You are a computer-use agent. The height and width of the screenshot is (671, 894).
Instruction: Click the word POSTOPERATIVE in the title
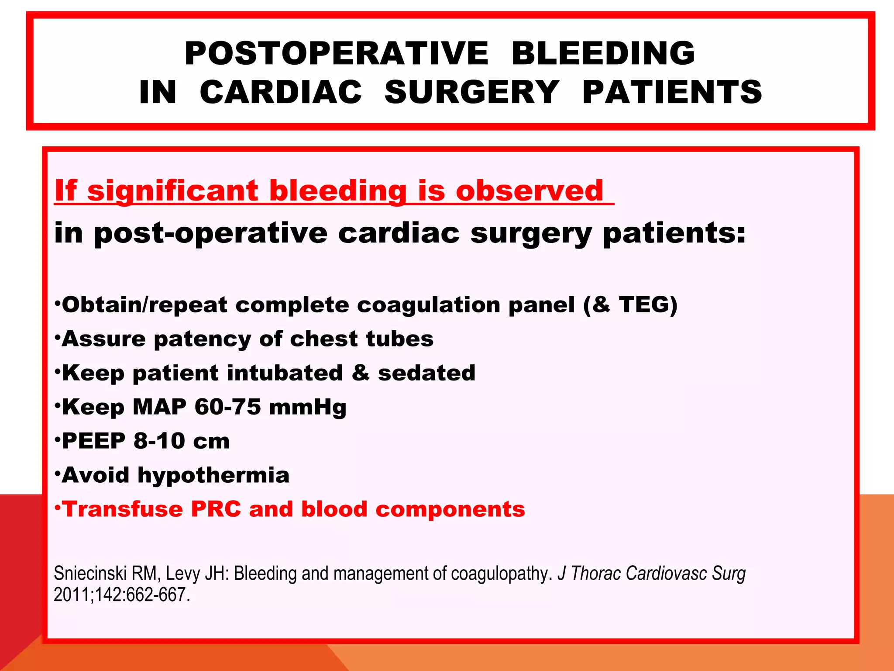(x=336, y=53)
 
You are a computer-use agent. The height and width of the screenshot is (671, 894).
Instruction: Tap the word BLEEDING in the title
(x=603, y=53)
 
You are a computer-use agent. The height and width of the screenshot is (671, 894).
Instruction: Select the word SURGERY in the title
(x=471, y=92)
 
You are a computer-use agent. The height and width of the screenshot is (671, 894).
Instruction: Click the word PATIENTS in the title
(x=672, y=92)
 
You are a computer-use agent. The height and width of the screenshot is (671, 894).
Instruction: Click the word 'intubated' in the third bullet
(x=285, y=373)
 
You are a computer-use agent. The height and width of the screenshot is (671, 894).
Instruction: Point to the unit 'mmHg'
(x=308, y=408)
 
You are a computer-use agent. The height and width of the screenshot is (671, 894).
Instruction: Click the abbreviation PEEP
(x=93, y=441)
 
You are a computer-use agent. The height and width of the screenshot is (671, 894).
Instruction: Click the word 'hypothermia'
(x=213, y=475)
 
